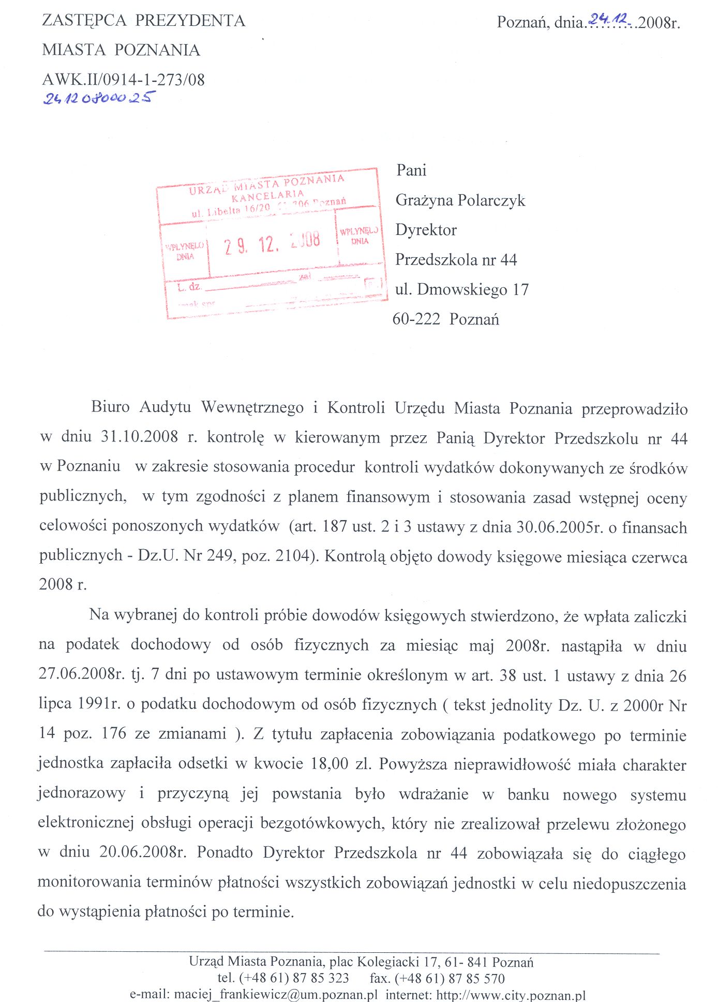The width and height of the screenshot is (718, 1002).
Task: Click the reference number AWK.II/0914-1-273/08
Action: pos(123,80)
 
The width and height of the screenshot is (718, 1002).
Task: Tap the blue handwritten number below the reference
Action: pos(99,98)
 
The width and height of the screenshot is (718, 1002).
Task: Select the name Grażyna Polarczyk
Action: pos(460,200)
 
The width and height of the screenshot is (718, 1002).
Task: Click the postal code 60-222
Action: pos(416,319)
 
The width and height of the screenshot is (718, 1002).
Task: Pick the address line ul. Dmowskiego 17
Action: pos(461,289)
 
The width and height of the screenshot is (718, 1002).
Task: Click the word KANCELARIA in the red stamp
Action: pos(267,196)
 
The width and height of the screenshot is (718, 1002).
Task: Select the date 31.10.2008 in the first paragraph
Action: pos(139,437)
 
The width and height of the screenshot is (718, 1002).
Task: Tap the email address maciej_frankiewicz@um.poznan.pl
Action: pos(276,994)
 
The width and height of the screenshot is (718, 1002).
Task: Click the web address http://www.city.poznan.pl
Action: pos(511,994)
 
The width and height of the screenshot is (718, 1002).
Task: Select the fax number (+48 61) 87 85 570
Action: pos(450,978)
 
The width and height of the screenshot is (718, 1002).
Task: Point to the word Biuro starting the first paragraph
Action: pos(110,407)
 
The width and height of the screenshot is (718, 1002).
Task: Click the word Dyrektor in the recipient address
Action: pos(426,230)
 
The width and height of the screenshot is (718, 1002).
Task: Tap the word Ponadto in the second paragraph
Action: pos(225,852)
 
